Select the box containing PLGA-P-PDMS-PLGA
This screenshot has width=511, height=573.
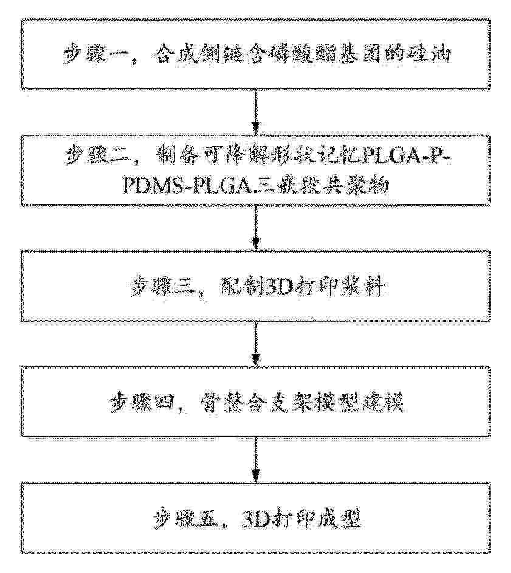pos(256,171)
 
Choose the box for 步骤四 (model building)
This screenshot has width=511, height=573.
pos(256,402)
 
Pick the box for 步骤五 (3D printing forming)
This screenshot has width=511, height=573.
pos(256,517)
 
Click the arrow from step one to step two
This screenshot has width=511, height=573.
pos(256,113)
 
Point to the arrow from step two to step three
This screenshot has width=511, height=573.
pos(256,228)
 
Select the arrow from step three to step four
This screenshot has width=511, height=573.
pos(256,344)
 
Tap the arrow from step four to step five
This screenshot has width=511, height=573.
pos(256,459)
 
